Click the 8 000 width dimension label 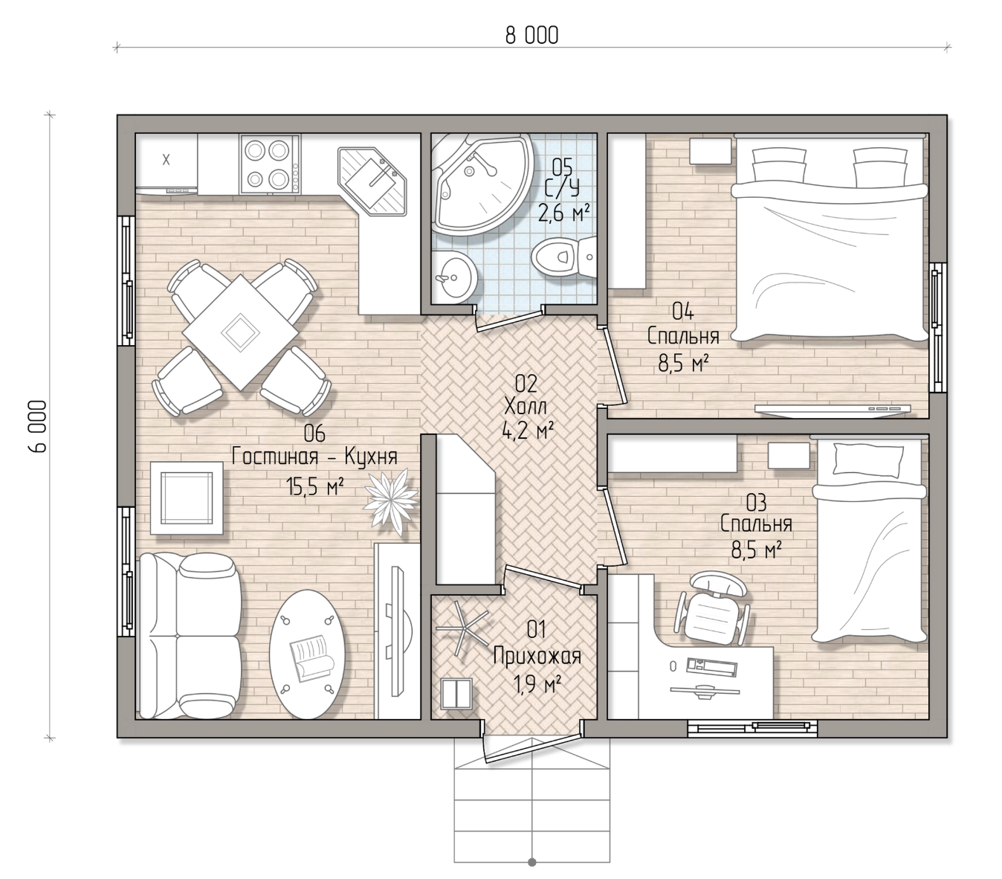[x=531, y=36]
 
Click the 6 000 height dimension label [x=38, y=426]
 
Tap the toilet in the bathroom [x=564, y=257]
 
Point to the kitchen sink [x=372, y=181]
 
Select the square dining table [x=240, y=332]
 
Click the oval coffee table [x=307, y=654]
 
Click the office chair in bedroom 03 [x=713, y=608]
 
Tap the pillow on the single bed [x=868, y=460]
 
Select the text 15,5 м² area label [x=315, y=487]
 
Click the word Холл [x=526, y=407]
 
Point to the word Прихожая [x=537, y=657]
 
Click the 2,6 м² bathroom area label [x=563, y=214]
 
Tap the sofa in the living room [x=190, y=636]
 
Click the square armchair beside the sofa [x=187, y=498]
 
